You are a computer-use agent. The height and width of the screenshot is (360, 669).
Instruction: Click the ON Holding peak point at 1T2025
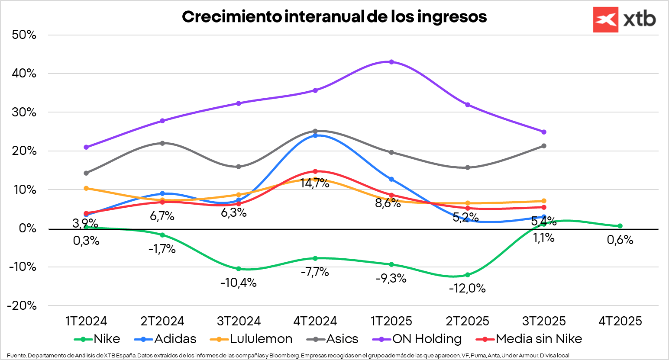pyautogui.click(x=391, y=62)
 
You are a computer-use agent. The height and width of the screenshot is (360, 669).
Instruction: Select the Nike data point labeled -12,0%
pyautogui.click(x=468, y=275)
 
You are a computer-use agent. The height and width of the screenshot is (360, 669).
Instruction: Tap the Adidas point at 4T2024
pyautogui.click(x=315, y=135)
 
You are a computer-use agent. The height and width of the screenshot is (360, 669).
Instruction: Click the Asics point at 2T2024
pyautogui.click(x=162, y=143)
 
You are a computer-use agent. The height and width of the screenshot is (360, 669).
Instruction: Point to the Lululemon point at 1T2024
pyautogui.click(x=86, y=188)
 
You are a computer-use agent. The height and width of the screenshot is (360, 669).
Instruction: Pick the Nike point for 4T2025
pyautogui.click(x=620, y=226)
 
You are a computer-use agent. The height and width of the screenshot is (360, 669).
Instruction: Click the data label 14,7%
pyautogui.click(x=315, y=183)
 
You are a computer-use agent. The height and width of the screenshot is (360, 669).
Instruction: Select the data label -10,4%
pyautogui.click(x=238, y=283)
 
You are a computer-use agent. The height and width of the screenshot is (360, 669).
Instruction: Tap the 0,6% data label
pyautogui.click(x=620, y=240)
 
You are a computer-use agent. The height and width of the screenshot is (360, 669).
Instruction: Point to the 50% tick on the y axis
pyautogui.click(x=24, y=35)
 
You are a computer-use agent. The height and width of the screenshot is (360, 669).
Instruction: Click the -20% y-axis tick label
pyautogui.click(x=22, y=305)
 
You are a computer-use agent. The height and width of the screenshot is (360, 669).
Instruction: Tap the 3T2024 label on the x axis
pyautogui.click(x=239, y=321)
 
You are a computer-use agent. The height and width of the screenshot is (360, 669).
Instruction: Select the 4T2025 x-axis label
pyautogui.click(x=620, y=321)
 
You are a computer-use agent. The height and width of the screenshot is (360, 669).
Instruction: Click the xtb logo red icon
pyautogui.click(x=605, y=19)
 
